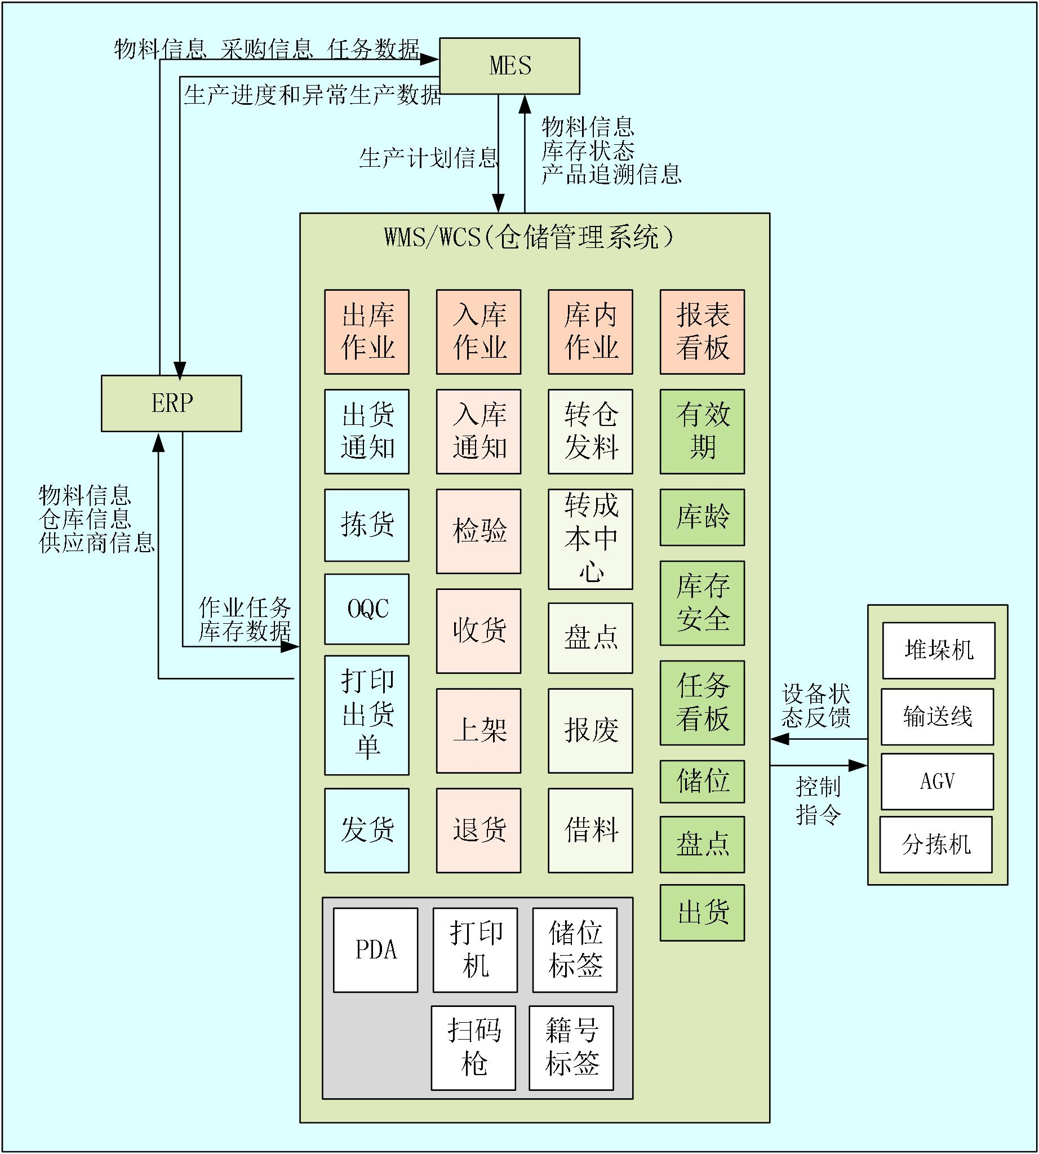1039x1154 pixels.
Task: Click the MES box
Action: click(510, 66)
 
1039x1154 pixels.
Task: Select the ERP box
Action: click(171, 403)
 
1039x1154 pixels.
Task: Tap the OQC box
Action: click(366, 609)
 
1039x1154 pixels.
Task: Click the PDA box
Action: click(376, 950)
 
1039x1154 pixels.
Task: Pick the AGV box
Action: click(938, 781)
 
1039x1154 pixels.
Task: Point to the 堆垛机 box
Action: click(939, 650)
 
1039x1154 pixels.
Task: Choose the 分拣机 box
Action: click(936, 845)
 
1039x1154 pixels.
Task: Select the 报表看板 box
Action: click(702, 332)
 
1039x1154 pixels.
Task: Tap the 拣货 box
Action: click(366, 525)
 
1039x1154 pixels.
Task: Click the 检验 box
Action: click(478, 531)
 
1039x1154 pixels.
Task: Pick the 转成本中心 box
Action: click(590, 539)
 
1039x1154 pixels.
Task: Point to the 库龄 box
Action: click(702, 517)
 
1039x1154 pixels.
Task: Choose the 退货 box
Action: click(478, 830)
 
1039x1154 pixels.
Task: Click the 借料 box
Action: click(590, 830)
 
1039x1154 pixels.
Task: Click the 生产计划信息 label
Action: click(429, 158)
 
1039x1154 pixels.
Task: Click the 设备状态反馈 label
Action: click(816, 706)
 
